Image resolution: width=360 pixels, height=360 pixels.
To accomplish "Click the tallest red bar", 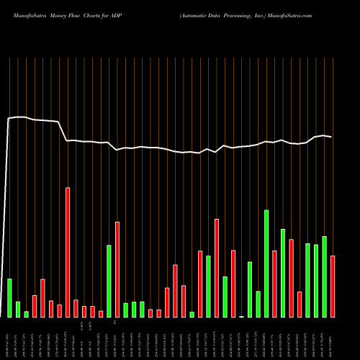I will click(68, 252).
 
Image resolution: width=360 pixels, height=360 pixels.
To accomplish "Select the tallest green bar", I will click(266, 264).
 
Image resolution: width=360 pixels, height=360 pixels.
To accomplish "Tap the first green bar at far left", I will click(9, 297).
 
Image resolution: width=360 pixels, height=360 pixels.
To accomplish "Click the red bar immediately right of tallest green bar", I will click(274, 284).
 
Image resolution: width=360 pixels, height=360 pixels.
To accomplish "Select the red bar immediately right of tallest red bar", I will click(76, 308).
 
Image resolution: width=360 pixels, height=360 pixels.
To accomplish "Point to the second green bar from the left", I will click(18, 309).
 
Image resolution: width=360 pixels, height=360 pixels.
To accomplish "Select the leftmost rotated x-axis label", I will click(9, 338).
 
